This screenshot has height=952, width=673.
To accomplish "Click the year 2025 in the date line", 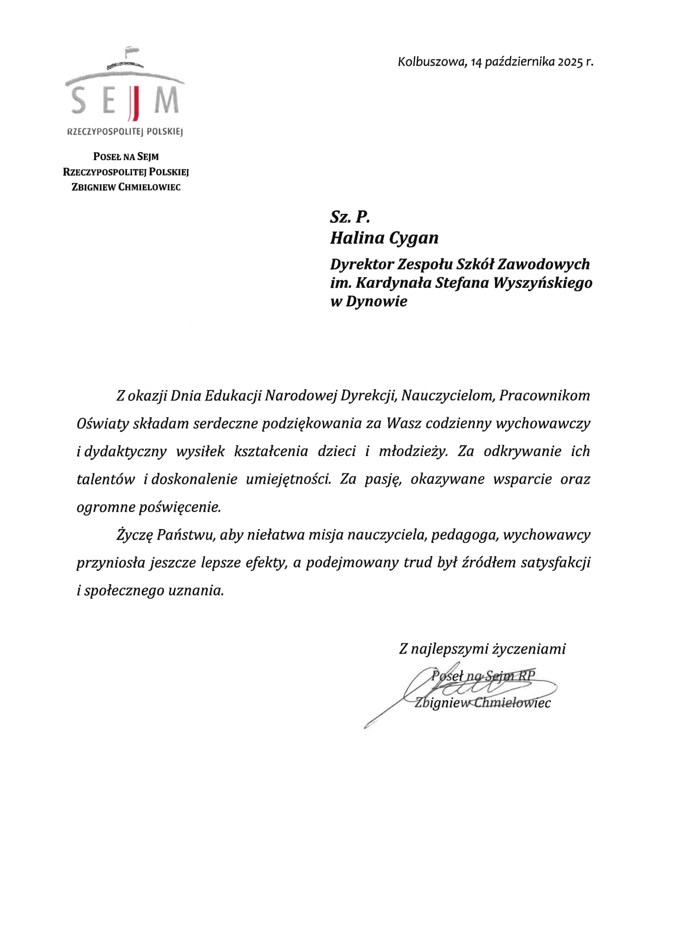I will (569, 62).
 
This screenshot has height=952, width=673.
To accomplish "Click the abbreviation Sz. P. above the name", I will (350, 217).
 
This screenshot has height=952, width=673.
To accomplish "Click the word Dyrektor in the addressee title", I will (362, 264).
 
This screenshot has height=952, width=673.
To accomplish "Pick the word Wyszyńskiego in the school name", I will (543, 283).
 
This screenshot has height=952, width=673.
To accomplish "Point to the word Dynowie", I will (376, 301).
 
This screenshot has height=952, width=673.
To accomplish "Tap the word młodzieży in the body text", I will (413, 452).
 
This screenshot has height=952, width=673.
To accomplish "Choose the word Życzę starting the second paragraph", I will (134, 535).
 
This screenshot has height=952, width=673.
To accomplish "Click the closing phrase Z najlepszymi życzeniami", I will (482, 649).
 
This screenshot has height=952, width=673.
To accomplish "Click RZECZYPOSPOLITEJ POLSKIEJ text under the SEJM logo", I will (125, 132).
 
